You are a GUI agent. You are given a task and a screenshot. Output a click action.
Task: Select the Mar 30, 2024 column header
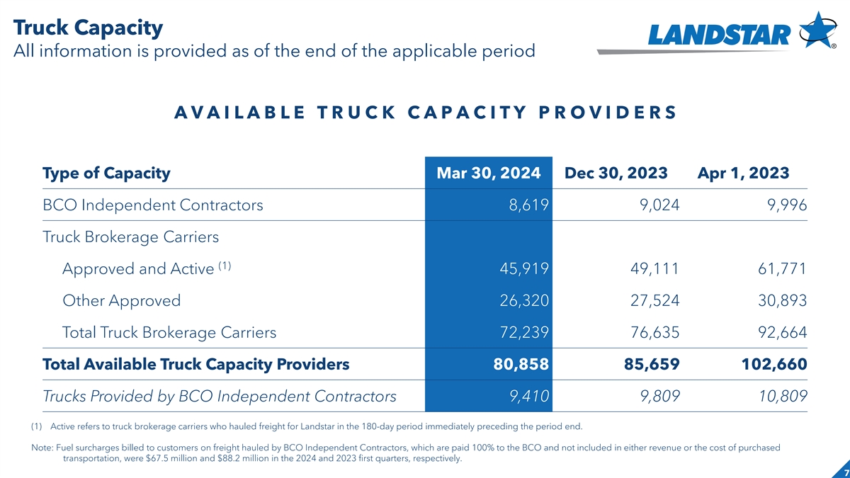pos(489,173)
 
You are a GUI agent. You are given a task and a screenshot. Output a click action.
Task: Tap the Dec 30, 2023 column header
pos(616,173)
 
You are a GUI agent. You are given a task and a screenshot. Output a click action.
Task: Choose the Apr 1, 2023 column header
pos(744,173)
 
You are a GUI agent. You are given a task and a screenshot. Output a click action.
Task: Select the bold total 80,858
pos(522,365)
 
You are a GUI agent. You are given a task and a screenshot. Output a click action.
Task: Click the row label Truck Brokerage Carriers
pos(131,237)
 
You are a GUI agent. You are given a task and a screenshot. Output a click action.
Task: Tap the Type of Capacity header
pos(106,173)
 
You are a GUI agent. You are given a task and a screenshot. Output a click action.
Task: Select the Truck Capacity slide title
pos(88,28)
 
